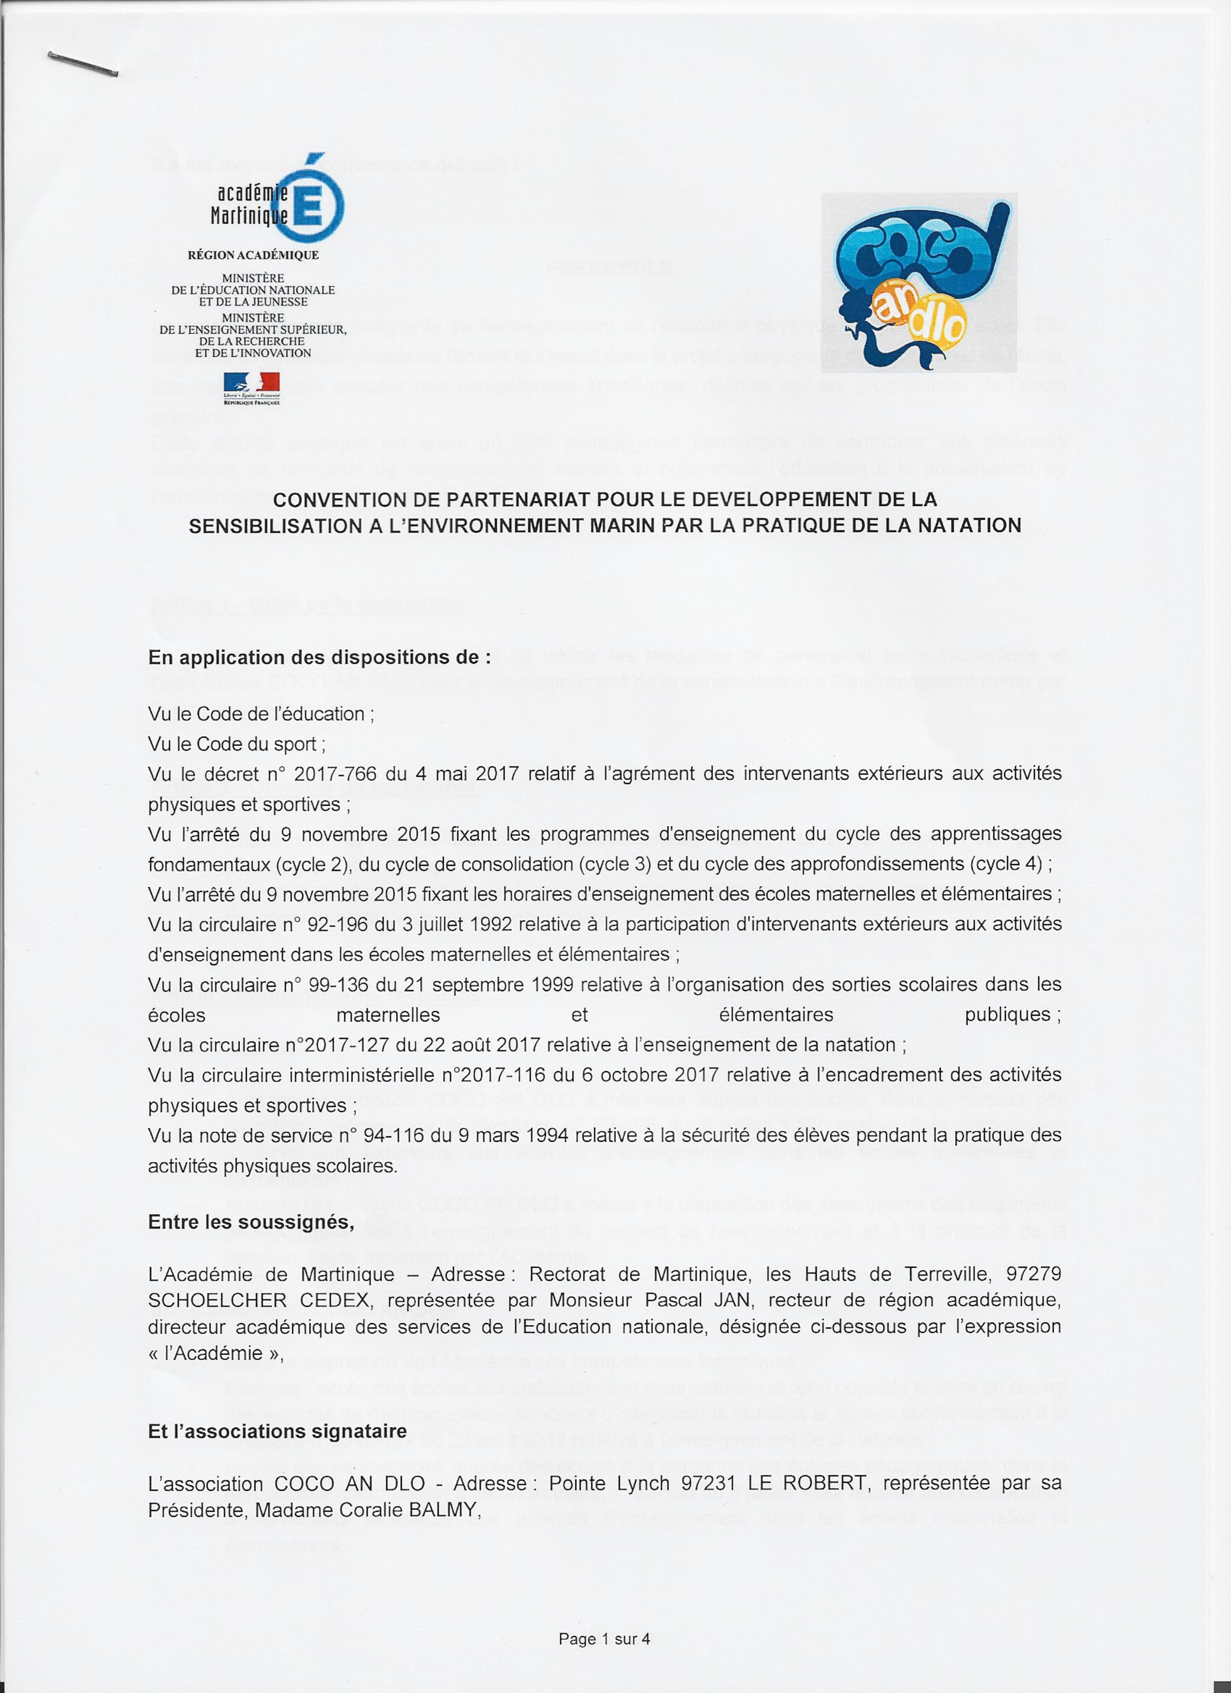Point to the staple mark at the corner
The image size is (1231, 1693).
82,64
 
